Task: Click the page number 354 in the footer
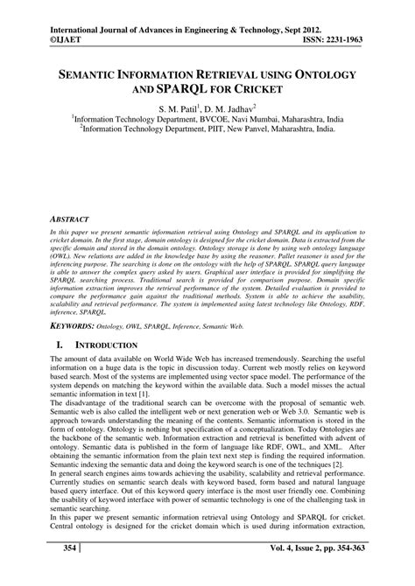click(x=62, y=573)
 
